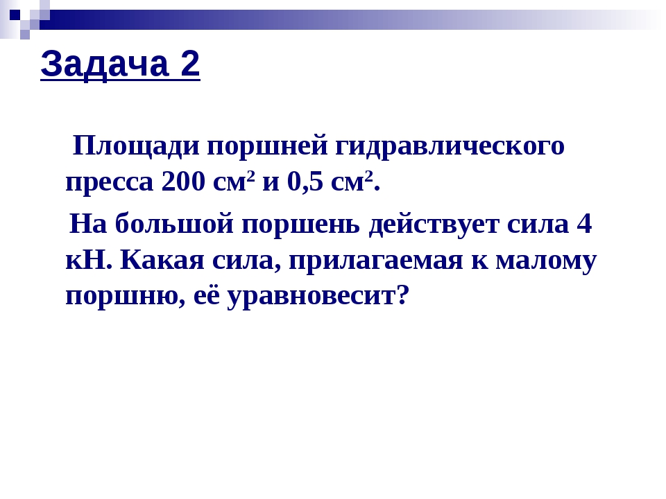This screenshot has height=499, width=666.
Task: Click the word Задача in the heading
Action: (102, 65)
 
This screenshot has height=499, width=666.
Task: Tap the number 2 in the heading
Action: (189, 65)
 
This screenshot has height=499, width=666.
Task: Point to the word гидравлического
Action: (451, 148)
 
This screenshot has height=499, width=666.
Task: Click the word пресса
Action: (109, 184)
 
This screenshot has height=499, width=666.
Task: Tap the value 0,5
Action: (306, 182)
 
